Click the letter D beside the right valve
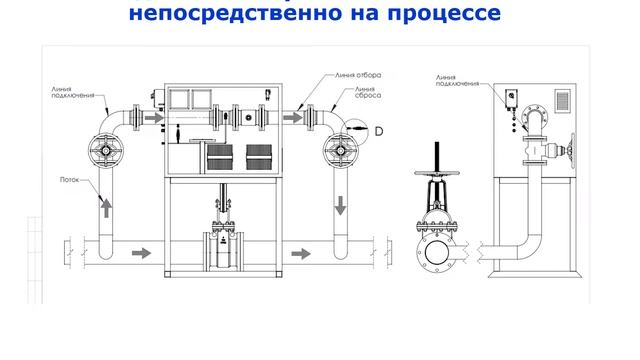(380, 131)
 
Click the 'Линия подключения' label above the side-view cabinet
(453, 80)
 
